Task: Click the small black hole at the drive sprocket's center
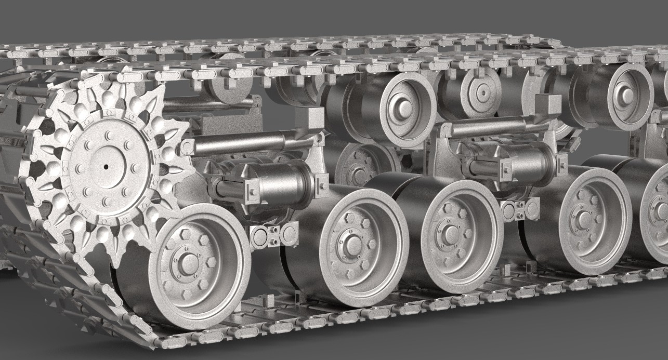[x=105, y=167]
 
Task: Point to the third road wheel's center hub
[x=448, y=234]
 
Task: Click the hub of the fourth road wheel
[x=584, y=220]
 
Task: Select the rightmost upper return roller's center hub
[x=624, y=96]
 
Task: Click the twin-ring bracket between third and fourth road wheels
[x=518, y=209]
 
